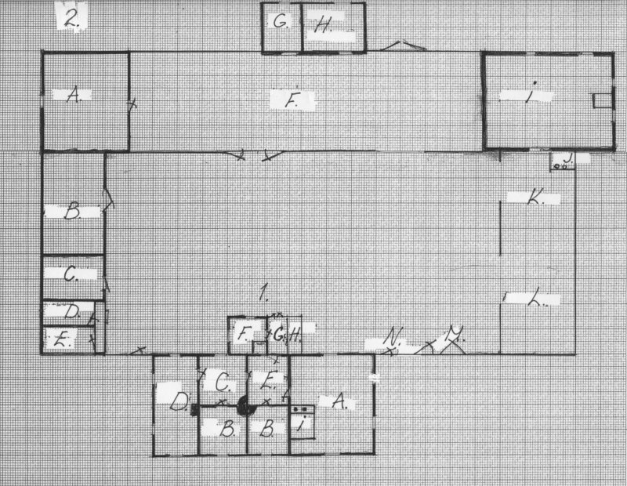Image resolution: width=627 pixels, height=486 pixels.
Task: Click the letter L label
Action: pyautogui.click(x=536, y=299)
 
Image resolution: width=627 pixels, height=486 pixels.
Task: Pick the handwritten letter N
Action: pyautogui.click(x=392, y=339)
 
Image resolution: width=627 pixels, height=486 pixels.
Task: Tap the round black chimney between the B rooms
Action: pyautogui.click(x=244, y=407)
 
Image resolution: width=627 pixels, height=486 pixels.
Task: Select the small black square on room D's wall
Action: pyautogui.click(x=193, y=408)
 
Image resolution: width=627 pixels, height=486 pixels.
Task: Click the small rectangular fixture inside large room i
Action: pyautogui.click(x=601, y=101)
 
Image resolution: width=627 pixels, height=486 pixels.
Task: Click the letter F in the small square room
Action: pyautogui.click(x=243, y=334)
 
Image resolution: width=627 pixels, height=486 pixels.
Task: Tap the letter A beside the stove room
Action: pyautogui.click(x=339, y=401)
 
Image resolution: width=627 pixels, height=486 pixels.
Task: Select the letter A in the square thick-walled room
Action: pyautogui.click(x=74, y=95)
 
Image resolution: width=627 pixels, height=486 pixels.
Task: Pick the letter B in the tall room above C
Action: pyautogui.click(x=73, y=211)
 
